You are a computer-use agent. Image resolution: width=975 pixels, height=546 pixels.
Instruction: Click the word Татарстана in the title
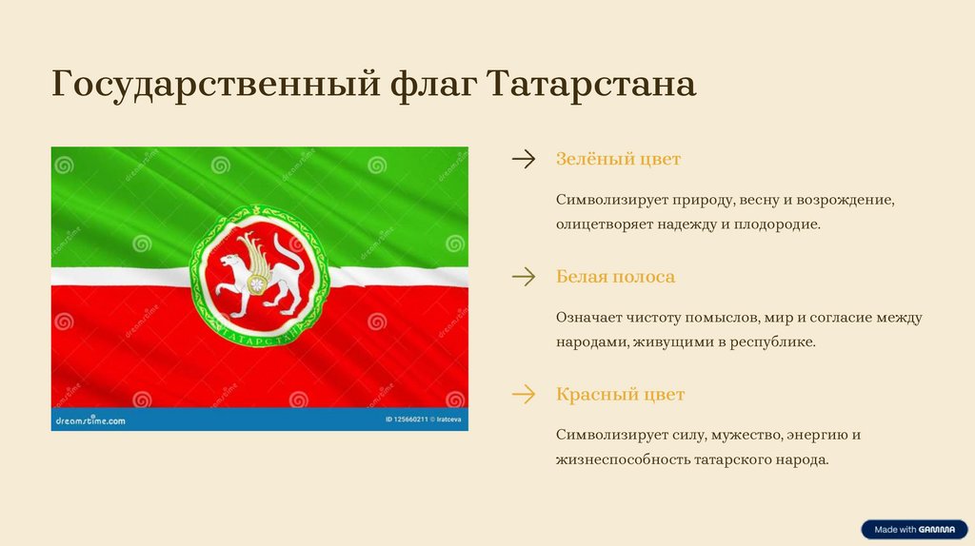click(x=590, y=84)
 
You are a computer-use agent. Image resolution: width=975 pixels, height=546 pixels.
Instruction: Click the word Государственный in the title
click(x=215, y=85)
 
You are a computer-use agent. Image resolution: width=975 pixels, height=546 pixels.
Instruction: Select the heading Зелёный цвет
click(x=618, y=159)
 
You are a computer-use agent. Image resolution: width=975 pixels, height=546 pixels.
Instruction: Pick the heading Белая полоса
click(x=615, y=277)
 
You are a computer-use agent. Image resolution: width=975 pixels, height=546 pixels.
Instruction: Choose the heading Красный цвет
click(x=620, y=395)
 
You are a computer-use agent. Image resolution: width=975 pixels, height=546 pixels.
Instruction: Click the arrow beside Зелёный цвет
click(x=524, y=159)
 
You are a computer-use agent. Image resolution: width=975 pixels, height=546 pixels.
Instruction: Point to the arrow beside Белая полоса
click(x=524, y=277)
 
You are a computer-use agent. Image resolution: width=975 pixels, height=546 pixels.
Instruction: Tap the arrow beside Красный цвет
click(x=524, y=394)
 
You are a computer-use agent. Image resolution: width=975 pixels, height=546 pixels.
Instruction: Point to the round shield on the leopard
click(x=256, y=284)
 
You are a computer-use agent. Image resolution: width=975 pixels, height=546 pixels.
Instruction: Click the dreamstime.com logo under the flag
click(x=90, y=420)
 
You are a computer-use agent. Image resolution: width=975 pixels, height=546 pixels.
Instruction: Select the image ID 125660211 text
click(x=407, y=419)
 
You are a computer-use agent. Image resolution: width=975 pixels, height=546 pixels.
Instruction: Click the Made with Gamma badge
click(x=915, y=529)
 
